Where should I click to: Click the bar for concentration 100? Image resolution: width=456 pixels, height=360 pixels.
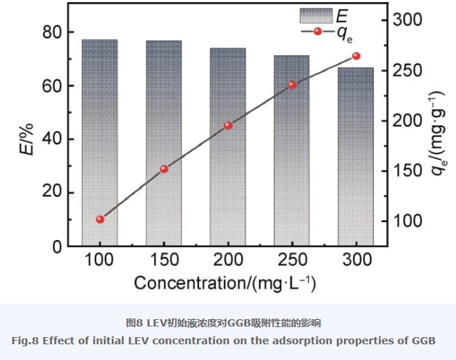100,143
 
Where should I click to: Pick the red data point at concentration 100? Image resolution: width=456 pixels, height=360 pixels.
100,219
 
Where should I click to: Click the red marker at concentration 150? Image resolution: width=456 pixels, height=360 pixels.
164,169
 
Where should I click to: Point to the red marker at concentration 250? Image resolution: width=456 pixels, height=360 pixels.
292,85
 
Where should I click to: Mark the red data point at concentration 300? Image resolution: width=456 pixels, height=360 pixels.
356,56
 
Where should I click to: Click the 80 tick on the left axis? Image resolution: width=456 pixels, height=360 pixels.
51,32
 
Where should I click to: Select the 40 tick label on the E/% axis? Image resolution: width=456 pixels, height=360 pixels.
51,139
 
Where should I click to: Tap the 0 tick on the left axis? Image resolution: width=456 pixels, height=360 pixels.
56,246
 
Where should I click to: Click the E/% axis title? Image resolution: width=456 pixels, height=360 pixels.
26,139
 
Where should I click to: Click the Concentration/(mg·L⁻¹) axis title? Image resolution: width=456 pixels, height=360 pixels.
226,283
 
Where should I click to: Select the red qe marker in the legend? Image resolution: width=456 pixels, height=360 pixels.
318,31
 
